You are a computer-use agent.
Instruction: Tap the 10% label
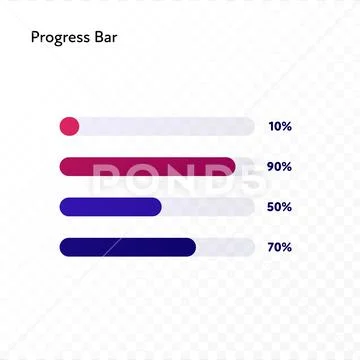[279, 127]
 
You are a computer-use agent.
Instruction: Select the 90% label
[279, 167]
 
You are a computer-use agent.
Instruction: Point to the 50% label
[279, 207]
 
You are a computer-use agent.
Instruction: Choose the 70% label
[279, 247]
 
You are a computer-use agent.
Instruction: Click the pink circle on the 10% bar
[69, 126]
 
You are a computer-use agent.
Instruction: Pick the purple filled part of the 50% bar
[110, 206]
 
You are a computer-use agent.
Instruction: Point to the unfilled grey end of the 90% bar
[245, 166]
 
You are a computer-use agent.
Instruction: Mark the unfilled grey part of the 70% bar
[225, 246]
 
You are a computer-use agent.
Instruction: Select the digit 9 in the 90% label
[271, 167]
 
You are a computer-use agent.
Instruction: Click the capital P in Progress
[35, 39]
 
